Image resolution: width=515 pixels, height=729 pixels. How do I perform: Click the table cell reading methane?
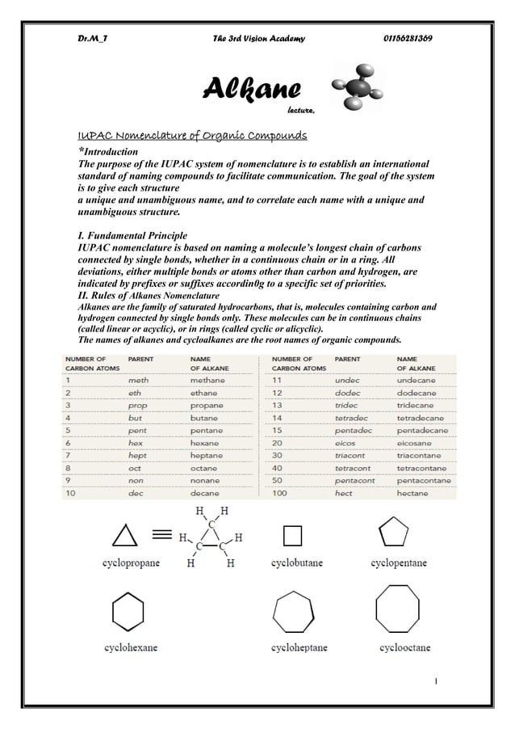click(207, 379)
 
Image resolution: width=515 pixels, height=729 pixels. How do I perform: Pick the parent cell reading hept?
click(138, 456)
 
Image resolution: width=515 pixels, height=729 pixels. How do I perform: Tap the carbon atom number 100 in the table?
click(281, 493)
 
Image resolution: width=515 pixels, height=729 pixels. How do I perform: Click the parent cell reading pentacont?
click(355, 481)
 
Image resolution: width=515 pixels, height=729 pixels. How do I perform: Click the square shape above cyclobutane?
click(292, 536)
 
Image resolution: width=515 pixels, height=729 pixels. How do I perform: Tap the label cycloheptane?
click(299, 647)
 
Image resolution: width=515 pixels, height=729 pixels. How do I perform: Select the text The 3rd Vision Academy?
click(257, 40)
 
